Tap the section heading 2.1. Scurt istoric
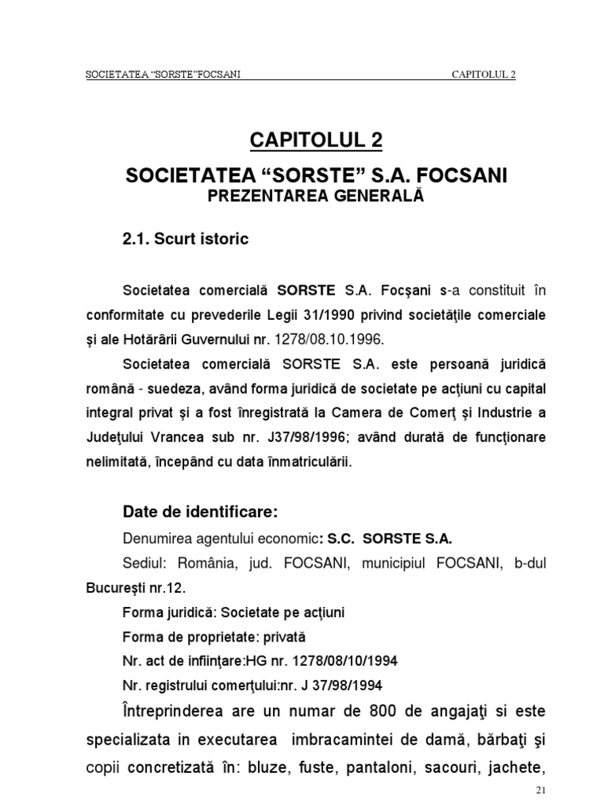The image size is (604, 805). tap(186, 239)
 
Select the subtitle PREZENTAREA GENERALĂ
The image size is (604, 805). tap(315, 196)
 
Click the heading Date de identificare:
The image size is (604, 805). tap(201, 512)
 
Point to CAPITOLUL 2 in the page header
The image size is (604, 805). tap(484, 75)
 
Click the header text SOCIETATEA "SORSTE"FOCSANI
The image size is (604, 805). tap(161, 75)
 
